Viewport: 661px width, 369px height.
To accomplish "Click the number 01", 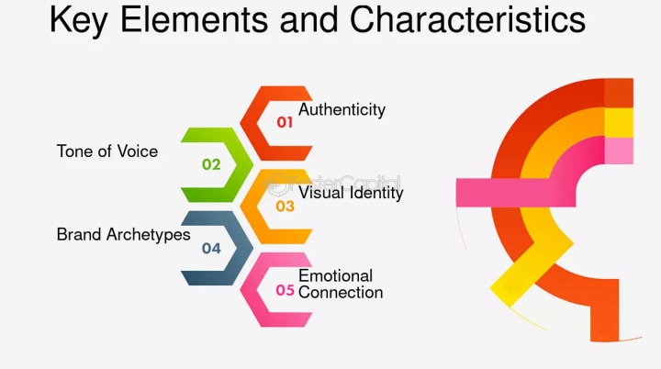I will (286, 121).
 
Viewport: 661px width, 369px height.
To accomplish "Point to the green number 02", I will (212, 164).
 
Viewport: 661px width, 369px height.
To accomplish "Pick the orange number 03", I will (286, 207).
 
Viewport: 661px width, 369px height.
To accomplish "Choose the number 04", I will (212, 248).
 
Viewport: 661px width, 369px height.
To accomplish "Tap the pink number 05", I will (286, 290).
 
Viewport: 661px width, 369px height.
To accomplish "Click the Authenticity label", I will (342, 110).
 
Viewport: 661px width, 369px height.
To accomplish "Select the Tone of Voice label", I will (107, 151).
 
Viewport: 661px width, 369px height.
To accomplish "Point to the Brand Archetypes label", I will (123, 234).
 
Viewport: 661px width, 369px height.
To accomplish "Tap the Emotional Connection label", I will (340, 284).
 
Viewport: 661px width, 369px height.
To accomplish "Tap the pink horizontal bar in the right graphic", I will (496, 191).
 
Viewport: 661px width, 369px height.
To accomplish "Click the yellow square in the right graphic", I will (619, 121).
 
